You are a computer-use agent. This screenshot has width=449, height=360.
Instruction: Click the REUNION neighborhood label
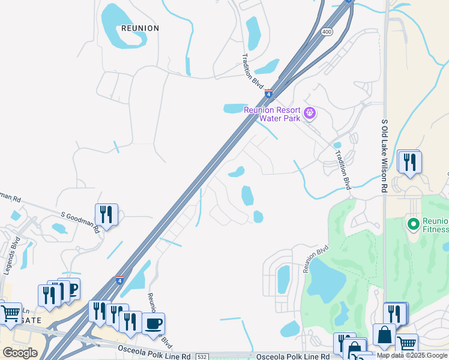click(x=140, y=28)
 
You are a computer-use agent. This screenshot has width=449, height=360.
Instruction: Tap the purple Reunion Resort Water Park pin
click(x=310, y=112)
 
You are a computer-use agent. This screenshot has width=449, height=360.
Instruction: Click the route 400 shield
click(x=327, y=32)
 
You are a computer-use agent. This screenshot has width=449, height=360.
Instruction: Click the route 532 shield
click(x=202, y=356)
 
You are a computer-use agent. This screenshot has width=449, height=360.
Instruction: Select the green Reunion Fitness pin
click(x=413, y=224)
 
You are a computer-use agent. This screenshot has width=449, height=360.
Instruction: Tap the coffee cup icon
click(x=153, y=324)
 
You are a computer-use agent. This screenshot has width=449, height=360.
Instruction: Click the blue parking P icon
click(x=71, y=290)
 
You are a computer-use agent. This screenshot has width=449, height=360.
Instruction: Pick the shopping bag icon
click(x=384, y=335)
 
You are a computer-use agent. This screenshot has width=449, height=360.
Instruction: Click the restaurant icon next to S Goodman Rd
click(x=106, y=214)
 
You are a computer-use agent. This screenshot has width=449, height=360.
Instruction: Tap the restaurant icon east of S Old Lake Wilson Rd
click(x=409, y=162)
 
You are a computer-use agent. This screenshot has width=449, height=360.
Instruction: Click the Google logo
click(x=20, y=353)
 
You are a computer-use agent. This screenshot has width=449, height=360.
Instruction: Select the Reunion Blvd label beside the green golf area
click(x=316, y=259)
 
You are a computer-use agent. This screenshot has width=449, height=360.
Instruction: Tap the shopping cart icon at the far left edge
click(x=10, y=314)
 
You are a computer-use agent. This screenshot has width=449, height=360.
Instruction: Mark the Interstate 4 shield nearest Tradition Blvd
click(x=269, y=94)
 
